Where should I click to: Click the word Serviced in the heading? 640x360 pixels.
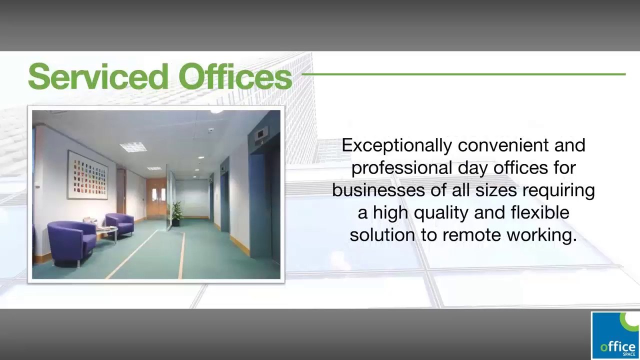(x=98, y=76)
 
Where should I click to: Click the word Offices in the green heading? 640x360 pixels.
(x=235, y=76)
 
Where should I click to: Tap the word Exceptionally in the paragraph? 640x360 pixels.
(x=397, y=145)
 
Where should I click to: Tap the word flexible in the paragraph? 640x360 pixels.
(x=540, y=213)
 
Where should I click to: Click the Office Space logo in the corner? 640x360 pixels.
(x=615, y=335)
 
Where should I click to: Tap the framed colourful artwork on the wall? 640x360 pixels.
(x=87, y=175)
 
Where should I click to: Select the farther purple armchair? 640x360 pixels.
(x=120, y=223)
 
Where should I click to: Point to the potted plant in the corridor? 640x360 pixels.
(x=176, y=213)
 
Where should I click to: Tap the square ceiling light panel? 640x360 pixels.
(x=133, y=146)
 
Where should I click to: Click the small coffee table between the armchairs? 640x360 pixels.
(x=106, y=231)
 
